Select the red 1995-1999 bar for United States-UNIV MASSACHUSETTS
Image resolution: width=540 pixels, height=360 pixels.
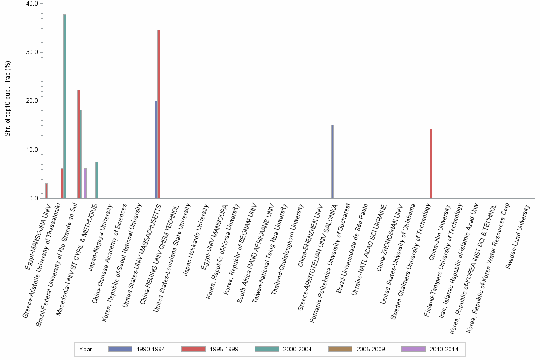point(159,114)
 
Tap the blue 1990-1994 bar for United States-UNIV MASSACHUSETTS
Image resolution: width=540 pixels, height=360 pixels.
point(156,150)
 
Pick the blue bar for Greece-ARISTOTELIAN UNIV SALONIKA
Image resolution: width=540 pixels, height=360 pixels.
point(332,161)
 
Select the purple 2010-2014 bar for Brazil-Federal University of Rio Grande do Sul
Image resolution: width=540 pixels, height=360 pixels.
point(85,183)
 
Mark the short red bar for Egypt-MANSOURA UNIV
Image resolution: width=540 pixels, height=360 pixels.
point(46,191)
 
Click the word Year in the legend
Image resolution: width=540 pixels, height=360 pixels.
point(86,350)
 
